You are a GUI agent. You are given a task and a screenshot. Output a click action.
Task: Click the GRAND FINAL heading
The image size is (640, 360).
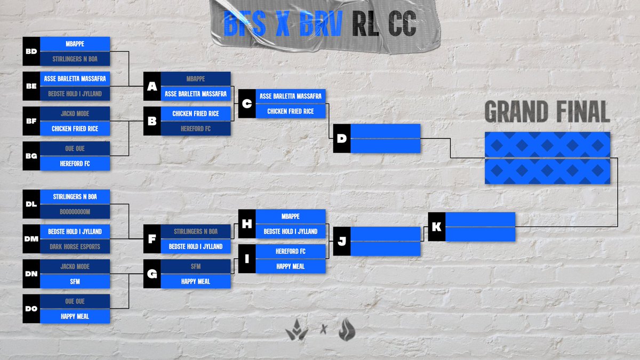pyautogui.click(x=547, y=113)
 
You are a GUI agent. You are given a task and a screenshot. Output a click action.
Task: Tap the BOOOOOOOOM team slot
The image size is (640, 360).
pyautogui.click(x=75, y=211)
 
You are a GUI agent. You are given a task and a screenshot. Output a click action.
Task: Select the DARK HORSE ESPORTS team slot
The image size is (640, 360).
pyautogui.click(x=75, y=246)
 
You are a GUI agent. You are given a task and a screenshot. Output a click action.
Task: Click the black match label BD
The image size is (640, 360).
pyautogui.click(x=31, y=51)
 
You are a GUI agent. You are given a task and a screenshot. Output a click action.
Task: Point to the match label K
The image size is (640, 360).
pyautogui.click(x=436, y=227)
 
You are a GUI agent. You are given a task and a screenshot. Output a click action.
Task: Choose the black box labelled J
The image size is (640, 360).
pyautogui.click(x=341, y=241)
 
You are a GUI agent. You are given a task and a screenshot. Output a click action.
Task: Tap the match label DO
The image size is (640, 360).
pyautogui.click(x=31, y=309)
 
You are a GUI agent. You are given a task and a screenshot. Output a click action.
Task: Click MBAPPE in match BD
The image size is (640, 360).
pyautogui.click(x=75, y=44)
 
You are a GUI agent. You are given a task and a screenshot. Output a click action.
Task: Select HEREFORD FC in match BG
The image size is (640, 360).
pyautogui.click(x=75, y=163)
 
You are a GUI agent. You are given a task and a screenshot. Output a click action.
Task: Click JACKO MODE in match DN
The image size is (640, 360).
pyautogui.click(x=75, y=266)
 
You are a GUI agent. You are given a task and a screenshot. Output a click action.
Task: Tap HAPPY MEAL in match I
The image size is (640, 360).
pyautogui.click(x=290, y=266)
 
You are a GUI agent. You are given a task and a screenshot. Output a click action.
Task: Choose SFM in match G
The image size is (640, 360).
pyautogui.click(x=195, y=266)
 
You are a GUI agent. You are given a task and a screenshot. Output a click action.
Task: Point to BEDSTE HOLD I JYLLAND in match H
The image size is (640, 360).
pyautogui.click(x=290, y=231)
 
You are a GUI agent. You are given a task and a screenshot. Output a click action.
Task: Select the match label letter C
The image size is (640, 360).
pyautogui.click(x=246, y=103)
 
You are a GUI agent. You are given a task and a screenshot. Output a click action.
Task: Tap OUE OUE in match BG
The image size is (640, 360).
pyautogui.click(x=75, y=149)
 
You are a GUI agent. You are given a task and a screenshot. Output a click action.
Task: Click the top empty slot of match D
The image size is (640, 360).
pyautogui.click(x=385, y=131)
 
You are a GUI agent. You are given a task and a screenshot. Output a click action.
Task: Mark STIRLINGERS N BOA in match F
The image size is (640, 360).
pyautogui.click(x=195, y=231)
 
